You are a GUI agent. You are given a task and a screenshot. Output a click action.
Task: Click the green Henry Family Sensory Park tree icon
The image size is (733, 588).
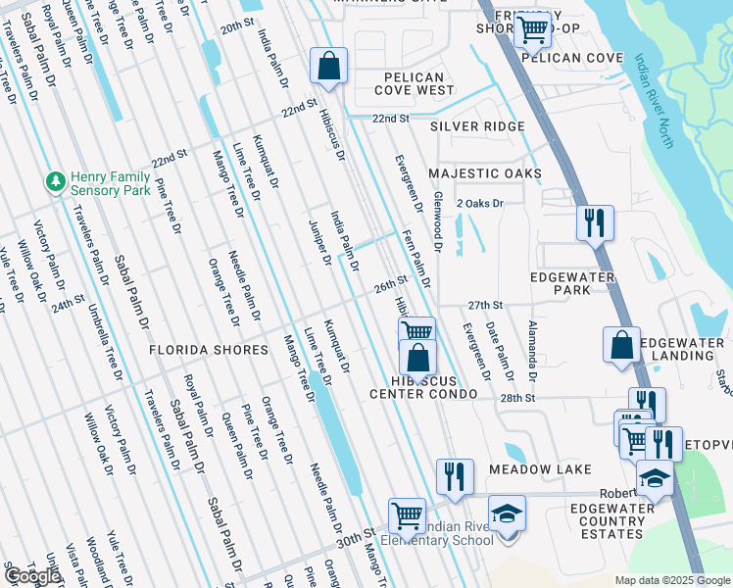55,182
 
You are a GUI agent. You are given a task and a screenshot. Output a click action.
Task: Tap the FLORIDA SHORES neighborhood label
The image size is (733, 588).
208,350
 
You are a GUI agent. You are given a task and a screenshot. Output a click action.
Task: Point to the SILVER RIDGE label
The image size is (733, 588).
477,126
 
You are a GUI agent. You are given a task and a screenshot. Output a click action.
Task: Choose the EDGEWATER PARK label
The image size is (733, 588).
573,283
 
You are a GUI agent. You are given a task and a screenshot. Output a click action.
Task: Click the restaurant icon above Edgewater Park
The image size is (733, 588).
595,222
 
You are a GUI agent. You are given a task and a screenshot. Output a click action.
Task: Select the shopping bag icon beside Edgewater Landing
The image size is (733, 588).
621,345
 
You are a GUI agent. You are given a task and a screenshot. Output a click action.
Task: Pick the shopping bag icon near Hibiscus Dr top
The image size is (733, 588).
329,66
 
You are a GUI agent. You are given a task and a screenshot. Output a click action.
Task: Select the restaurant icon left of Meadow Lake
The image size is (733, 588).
455,476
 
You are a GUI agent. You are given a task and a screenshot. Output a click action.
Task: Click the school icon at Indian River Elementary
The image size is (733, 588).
507,514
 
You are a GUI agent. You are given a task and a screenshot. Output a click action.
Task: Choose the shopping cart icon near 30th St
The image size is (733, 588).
407,514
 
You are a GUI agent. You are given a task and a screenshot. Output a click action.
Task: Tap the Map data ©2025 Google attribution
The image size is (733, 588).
671,580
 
